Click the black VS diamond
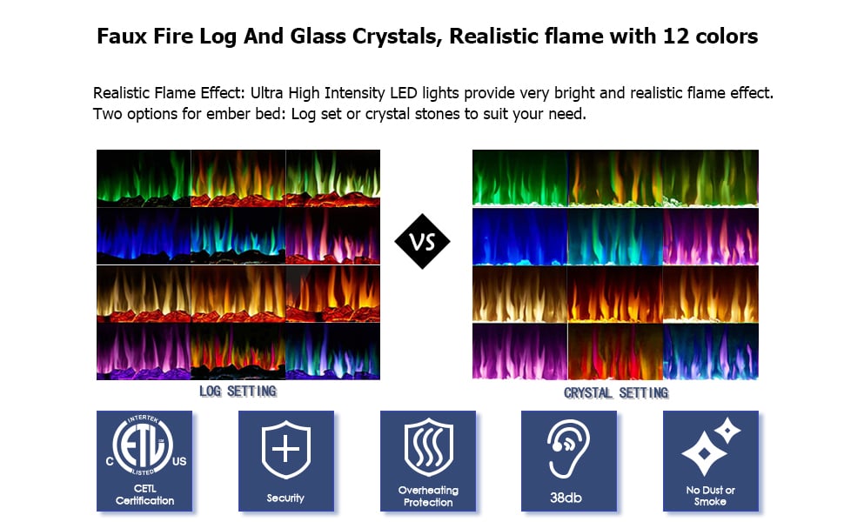[x=422, y=241]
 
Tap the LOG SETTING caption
[x=238, y=391]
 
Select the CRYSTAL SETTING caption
[x=616, y=393]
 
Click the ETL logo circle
[x=144, y=445]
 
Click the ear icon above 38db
[x=568, y=449]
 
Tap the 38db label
[x=566, y=498]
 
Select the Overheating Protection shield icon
[x=428, y=447]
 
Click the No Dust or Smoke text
[x=711, y=496]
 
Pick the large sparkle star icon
[x=704, y=454]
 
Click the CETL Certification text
[x=144, y=494]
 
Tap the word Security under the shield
[x=285, y=499]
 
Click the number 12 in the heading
[x=676, y=37]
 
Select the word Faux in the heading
[x=122, y=37]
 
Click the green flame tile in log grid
[x=144, y=178]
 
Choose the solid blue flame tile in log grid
[x=144, y=236]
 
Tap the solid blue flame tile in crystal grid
[x=519, y=237]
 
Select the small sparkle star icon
[x=727, y=430]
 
